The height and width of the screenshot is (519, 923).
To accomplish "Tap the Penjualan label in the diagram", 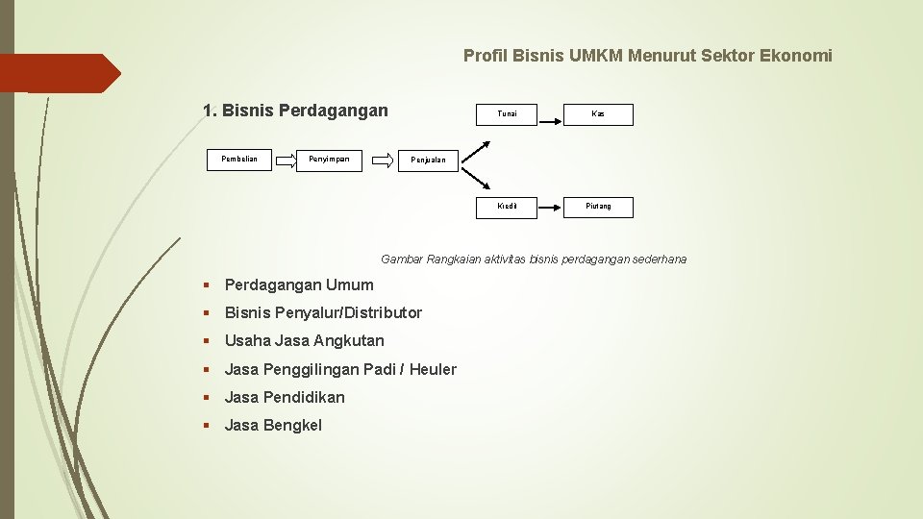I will tap(428, 161).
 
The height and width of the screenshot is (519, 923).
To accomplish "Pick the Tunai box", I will tap(507, 114).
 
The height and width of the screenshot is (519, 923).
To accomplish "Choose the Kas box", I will tap(598, 114).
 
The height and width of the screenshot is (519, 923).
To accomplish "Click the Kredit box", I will tap(507, 207).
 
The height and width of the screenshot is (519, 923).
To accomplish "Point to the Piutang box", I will tap(598, 207).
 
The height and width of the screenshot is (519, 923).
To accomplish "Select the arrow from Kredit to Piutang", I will tap(550, 207).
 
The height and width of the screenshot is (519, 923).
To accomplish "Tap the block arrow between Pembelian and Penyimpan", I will tap(287, 161).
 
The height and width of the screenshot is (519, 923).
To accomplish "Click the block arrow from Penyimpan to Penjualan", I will tap(383, 161).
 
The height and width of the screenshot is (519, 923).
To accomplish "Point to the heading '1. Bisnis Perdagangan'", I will tap(295, 111).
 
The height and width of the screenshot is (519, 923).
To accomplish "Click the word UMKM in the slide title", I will tap(595, 56).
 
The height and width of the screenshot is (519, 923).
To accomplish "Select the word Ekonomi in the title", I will tap(796, 56).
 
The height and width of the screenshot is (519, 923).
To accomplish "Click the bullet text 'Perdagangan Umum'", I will tap(299, 284).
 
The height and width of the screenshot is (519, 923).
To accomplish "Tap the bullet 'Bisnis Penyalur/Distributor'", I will tap(323, 312).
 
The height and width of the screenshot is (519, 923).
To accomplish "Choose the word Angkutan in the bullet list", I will tap(348, 340).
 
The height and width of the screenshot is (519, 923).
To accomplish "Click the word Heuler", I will tap(433, 369).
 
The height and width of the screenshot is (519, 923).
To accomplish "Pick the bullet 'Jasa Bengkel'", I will tap(273, 425).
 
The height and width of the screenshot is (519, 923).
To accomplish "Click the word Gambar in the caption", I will tap(402, 259).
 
